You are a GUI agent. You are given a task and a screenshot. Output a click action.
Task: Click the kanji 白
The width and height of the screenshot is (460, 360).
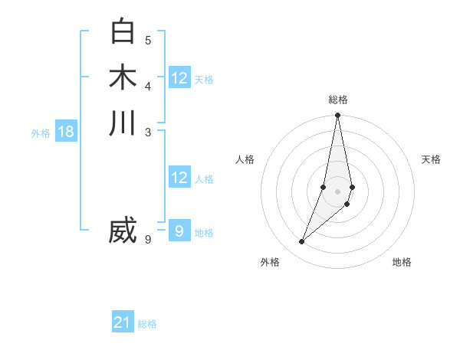coord(123,31)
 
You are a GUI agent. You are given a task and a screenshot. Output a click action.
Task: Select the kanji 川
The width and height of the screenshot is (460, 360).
coord(123,123)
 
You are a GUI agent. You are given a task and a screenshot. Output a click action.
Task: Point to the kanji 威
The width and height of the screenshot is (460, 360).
coord(123,231)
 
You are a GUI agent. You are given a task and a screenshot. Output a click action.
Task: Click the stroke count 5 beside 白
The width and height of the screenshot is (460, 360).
coord(148,40)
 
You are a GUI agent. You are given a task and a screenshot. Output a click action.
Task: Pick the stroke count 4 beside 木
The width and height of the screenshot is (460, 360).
coord(148,86)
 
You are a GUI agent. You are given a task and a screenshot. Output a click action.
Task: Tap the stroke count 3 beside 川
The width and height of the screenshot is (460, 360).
coord(148,132)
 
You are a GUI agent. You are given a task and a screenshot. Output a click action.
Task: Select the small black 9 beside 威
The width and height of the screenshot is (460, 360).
coord(148,240)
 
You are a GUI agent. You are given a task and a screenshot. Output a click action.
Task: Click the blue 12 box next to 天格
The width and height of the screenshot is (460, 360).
coord(179,78)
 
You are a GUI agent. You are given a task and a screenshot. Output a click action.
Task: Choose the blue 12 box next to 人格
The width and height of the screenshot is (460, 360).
coord(179,178)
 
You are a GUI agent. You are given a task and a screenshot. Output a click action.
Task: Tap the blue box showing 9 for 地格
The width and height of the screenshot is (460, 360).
coord(179,231)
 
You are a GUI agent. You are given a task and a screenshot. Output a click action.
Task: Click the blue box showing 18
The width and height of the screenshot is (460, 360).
coord(66,132)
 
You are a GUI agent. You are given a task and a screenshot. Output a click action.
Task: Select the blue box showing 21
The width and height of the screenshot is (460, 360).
coord(123,322)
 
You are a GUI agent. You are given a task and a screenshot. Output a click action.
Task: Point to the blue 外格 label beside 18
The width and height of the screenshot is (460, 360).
coord(41,133)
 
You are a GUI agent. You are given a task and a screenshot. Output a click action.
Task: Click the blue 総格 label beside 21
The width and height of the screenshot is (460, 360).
coord(147,324)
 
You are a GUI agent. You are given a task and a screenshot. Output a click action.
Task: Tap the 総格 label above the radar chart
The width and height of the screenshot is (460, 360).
coord(338,100)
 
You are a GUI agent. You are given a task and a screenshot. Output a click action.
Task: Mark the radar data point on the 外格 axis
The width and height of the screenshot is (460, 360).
coord(302,242)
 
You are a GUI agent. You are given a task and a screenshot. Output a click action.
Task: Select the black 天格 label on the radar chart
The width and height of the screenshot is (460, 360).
coord(431,159)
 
